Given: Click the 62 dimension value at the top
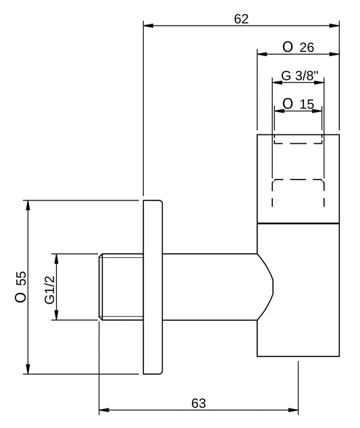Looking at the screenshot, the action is click(241, 19).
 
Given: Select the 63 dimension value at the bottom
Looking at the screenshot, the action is click(199, 403).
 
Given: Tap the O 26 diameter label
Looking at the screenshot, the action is click(299, 47).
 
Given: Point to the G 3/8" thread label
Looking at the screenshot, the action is click(300, 76).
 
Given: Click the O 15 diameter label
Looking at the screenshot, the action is click(299, 104).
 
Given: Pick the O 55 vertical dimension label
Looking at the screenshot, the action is click(21, 287).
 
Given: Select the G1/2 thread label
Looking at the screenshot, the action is click(50, 290).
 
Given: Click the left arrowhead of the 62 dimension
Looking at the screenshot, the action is click(149, 26).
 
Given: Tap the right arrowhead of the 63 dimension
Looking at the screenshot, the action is click(293, 410).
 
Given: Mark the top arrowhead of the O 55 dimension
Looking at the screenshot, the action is click(28, 205).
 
